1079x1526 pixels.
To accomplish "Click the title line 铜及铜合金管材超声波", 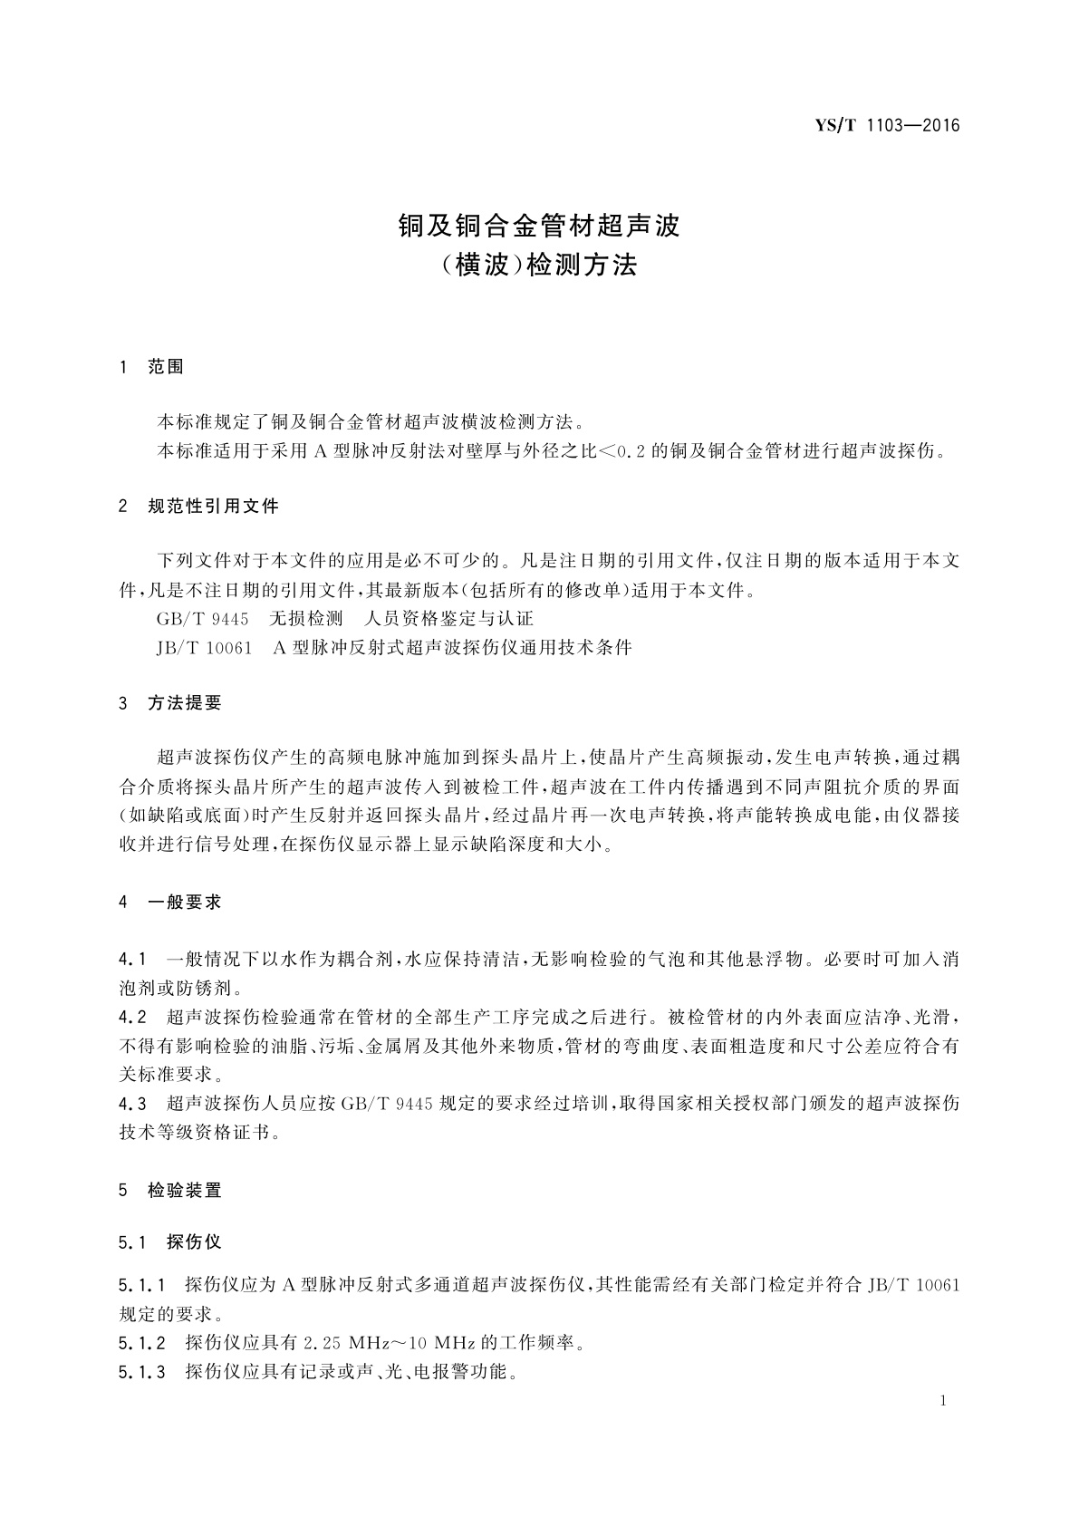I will (540, 226).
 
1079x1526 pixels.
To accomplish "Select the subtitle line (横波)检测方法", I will (540, 265).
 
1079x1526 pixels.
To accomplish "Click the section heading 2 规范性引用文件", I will (198, 507).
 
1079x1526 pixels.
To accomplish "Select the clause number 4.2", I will (132, 1016).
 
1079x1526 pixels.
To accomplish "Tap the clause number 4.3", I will (132, 1104).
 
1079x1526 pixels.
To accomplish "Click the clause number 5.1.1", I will (141, 1285).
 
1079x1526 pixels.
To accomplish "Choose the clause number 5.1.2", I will (141, 1343).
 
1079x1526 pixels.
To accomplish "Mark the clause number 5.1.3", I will (141, 1372).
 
